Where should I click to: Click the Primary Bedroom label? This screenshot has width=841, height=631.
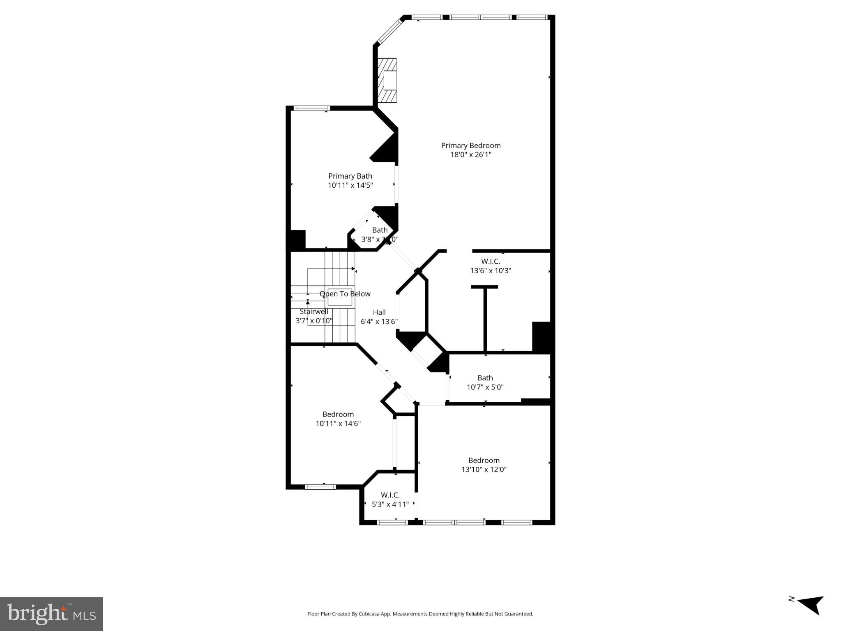coord(470,145)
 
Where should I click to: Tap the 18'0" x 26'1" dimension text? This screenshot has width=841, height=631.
coord(470,155)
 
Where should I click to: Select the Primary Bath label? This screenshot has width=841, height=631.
coord(350,176)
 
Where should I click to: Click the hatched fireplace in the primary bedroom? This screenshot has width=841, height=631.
coord(387,81)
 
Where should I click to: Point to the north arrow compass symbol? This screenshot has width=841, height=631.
coord(810,615)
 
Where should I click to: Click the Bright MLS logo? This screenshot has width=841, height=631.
coord(51,614)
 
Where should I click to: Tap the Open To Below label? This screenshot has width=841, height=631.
coord(345,294)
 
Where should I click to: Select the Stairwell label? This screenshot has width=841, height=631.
coord(314,311)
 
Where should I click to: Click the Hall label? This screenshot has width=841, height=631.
coord(379,312)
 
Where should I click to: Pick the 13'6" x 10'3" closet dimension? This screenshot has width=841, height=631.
coord(491,271)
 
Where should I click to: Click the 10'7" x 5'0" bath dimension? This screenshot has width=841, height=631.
coord(485,387)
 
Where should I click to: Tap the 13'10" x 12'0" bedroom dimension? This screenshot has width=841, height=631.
coord(484,470)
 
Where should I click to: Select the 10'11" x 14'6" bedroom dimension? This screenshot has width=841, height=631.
coord(338,424)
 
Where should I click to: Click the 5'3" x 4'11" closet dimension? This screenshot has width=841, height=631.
coord(390,504)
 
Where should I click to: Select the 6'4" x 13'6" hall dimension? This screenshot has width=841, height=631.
coord(379,322)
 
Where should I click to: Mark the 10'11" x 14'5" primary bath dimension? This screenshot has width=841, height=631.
coord(350,185)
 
